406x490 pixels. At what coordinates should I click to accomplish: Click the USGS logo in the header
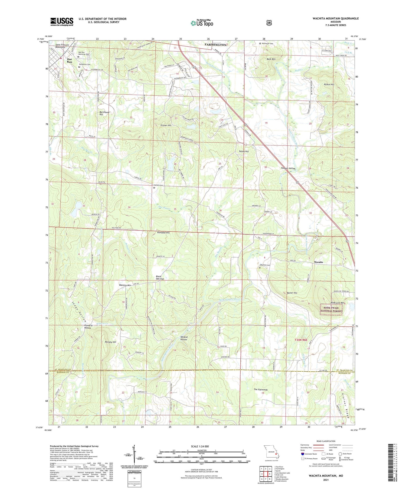click(62, 22)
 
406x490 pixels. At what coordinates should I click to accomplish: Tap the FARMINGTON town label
click(215, 45)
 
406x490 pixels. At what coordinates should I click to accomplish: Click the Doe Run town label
click(70, 60)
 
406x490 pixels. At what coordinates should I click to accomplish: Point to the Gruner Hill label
click(166, 125)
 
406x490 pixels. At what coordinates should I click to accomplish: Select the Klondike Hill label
click(163, 232)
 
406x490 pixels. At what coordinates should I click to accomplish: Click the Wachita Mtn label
click(125, 285)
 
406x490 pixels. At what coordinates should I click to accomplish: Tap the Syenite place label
click(319, 262)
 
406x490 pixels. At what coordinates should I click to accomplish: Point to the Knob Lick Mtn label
click(337, 303)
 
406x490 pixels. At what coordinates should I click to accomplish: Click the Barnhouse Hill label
click(105, 113)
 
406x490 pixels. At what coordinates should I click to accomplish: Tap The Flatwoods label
click(260, 390)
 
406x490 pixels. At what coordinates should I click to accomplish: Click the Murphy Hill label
click(110, 342)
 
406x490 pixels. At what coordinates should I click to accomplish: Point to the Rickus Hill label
click(329, 84)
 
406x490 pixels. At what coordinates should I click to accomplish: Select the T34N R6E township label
click(300, 340)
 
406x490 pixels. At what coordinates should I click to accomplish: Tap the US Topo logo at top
click(202, 23)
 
